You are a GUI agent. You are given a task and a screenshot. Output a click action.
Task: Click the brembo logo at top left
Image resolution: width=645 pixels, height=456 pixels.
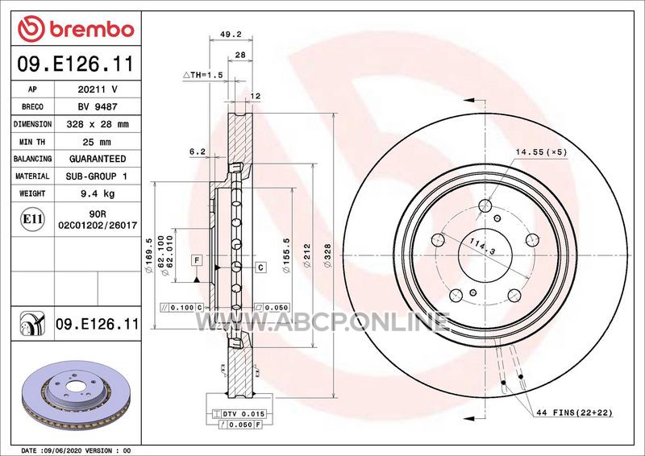coord(76,28)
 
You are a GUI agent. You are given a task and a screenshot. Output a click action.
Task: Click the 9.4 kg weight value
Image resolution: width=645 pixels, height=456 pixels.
coord(98,193)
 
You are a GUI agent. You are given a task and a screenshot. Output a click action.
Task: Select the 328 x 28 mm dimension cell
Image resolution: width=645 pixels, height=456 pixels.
coord(98,124)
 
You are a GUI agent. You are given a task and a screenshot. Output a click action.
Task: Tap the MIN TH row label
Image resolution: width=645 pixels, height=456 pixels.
coord(32,142)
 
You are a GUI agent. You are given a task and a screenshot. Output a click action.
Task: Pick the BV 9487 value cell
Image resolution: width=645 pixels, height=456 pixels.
coord(98,106)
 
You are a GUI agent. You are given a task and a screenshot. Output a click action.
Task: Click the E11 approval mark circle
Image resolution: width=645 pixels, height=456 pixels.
coord(32,219)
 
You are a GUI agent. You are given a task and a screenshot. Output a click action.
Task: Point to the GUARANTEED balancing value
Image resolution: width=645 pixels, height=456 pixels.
coord(98,159)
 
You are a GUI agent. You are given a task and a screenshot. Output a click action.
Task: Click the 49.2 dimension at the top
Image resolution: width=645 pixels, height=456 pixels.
coord(231,35)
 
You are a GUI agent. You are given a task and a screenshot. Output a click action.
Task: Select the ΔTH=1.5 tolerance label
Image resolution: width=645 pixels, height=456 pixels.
coord(203,75)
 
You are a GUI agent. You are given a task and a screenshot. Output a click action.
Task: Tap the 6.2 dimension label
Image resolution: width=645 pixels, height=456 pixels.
coord(198,151)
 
